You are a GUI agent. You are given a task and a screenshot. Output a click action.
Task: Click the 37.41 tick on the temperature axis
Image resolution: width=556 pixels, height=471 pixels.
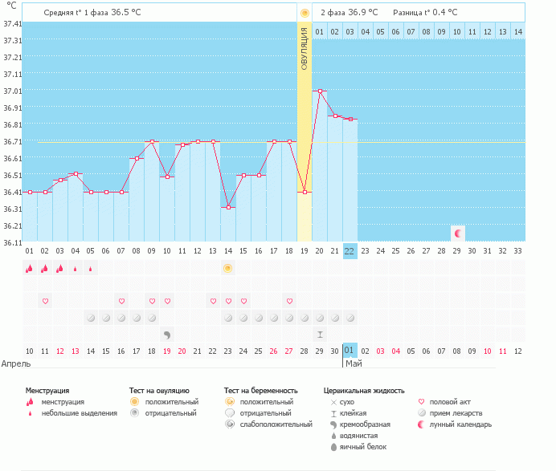(x=12, y=24)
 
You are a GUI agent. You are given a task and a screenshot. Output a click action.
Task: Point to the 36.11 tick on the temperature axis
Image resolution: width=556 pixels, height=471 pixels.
(x=12, y=242)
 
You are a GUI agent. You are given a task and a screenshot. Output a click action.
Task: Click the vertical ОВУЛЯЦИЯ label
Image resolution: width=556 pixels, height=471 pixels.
(x=304, y=48)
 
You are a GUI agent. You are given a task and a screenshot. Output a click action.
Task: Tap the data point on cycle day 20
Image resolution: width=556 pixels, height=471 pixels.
(x=320, y=91)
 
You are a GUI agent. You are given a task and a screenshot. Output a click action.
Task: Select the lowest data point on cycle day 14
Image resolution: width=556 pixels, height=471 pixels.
(x=228, y=208)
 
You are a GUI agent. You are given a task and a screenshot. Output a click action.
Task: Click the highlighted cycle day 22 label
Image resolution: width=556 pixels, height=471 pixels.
(x=350, y=251)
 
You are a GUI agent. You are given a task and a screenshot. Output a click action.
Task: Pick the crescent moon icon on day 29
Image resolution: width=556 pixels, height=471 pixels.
(x=458, y=233)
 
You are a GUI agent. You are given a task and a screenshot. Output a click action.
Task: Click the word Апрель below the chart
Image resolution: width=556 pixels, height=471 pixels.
(x=16, y=363)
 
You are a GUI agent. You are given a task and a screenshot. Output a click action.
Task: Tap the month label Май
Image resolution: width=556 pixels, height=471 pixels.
(x=354, y=363)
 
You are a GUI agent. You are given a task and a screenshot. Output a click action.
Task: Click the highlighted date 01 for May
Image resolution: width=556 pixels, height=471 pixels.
(x=350, y=351)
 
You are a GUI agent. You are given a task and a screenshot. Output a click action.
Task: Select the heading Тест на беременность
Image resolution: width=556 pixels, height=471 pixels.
(x=260, y=390)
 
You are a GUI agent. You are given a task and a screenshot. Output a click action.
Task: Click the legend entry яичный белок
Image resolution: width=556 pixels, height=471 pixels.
(x=364, y=446)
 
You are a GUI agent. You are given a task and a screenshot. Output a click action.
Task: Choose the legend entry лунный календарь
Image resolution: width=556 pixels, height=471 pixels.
(x=460, y=424)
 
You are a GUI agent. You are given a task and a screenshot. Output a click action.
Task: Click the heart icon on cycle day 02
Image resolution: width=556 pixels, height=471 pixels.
(x=45, y=301)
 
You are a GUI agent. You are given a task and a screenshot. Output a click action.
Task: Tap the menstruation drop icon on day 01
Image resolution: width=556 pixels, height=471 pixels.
(x=29, y=268)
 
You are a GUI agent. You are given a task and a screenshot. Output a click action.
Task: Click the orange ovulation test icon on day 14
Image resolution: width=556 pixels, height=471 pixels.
(x=228, y=268)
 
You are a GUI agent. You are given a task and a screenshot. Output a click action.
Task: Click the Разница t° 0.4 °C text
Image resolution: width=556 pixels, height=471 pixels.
(x=425, y=13)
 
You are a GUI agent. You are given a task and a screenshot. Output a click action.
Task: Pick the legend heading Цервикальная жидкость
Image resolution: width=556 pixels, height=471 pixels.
(x=363, y=390)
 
